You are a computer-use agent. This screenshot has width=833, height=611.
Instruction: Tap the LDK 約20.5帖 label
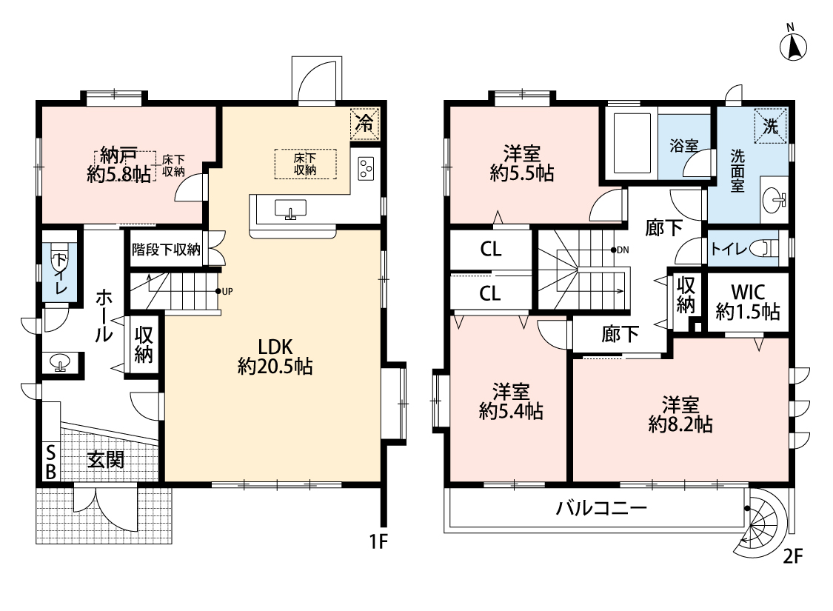coord(275,356)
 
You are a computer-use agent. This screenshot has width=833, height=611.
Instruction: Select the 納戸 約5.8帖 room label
coord(118,164)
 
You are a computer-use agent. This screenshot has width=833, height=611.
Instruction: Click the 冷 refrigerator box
coord(365,124)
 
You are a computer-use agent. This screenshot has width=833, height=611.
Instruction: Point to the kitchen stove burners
coord(366,169)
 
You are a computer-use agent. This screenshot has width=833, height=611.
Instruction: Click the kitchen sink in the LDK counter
coord(290,210)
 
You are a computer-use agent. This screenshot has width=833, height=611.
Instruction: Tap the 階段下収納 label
coord(166,249)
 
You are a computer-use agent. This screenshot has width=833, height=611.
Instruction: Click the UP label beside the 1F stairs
coord(227,291)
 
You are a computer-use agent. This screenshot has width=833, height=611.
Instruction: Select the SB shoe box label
coord(50,462)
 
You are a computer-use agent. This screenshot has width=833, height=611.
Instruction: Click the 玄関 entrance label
coord(106,460)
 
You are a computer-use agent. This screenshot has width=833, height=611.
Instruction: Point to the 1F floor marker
coord(379,541)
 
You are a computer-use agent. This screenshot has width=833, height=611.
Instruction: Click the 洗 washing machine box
coord(770,126)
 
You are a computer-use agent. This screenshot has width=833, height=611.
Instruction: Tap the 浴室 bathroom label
coord(683,145)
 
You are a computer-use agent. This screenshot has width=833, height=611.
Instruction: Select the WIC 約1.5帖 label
coord(747,301)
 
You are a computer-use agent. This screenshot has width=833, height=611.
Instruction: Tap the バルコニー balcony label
coord(601,509)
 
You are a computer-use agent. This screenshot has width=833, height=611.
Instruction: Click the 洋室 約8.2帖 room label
coord(680,415)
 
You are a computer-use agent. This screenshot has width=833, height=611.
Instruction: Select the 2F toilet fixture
coord(769,248)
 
